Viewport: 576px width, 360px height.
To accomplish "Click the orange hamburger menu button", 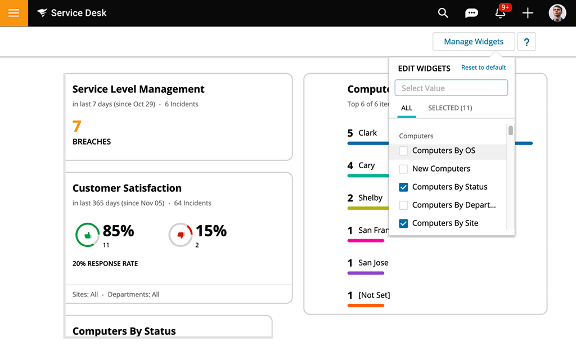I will [13, 13].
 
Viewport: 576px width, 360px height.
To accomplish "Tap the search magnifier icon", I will [443, 13].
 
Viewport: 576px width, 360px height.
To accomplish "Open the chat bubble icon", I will [471, 13].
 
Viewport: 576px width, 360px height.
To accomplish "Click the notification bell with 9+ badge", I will [500, 13].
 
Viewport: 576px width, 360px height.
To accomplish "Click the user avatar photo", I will [557, 13].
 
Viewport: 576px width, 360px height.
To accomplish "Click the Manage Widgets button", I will [474, 42].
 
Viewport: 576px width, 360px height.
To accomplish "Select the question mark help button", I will [526, 42].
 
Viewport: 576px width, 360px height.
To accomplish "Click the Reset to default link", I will [483, 67].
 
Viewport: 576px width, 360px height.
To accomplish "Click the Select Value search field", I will [451, 88].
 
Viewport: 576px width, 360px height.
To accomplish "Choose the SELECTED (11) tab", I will [450, 108].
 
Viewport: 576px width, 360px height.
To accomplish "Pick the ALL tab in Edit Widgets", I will [407, 108].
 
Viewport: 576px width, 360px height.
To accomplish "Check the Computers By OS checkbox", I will [403, 151].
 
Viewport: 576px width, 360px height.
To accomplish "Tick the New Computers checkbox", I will [403, 169].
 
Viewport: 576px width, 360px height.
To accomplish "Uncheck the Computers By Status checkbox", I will [403, 187].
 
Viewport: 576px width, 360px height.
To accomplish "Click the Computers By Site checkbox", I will [403, 223].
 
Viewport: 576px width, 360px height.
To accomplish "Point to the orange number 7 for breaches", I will [77, 126].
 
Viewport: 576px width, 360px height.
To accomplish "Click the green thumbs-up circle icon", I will [87, 235].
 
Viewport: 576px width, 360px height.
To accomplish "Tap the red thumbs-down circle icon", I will [181, 235].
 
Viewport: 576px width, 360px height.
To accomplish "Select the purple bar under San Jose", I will [366, 273].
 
